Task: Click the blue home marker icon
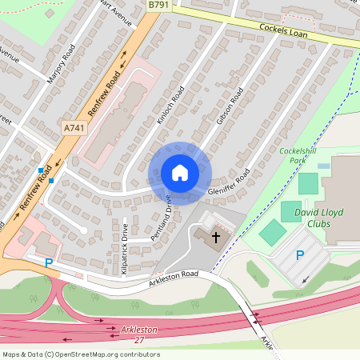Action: pos(179,173)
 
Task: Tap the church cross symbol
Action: pos(215,238)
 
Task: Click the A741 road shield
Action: pos(73,127)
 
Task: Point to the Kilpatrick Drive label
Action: pos(125,249)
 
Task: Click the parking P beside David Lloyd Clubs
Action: pos(300,255)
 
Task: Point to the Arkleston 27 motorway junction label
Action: pos(138,334)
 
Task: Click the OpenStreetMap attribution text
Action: pos(80,354)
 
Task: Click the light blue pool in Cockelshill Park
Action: pos(322,166)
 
